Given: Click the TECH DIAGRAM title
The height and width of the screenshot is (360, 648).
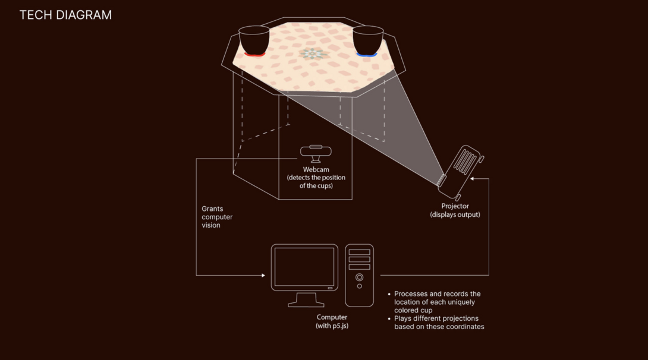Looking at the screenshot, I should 65,15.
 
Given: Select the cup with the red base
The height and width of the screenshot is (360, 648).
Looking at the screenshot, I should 254,40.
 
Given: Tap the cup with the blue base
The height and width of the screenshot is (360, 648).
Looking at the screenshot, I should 367,40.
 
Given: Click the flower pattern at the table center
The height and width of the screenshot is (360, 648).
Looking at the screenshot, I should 314,54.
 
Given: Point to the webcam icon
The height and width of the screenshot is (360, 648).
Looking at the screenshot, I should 316,152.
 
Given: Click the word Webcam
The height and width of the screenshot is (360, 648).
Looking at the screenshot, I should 316,170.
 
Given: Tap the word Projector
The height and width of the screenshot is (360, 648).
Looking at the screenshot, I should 455,206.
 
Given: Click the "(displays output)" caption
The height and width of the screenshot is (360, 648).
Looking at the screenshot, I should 455,214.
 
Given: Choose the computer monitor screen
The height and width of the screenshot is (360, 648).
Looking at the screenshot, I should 304,267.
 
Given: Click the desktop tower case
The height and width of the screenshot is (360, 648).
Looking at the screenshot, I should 359,275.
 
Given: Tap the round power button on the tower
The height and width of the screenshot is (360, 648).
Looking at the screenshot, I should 359,277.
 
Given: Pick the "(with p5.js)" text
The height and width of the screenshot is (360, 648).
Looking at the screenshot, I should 332,326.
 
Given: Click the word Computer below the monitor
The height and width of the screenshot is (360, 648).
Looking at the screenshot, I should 332,317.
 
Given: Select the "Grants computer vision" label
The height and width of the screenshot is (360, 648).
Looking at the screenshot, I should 217,217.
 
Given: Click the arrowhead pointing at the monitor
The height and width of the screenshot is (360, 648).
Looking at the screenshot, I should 263,275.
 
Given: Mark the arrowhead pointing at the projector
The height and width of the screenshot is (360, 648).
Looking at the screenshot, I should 472,178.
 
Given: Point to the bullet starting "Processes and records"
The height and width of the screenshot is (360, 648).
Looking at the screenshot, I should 437,302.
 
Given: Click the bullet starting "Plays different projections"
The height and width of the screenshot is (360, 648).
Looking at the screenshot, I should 439,323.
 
